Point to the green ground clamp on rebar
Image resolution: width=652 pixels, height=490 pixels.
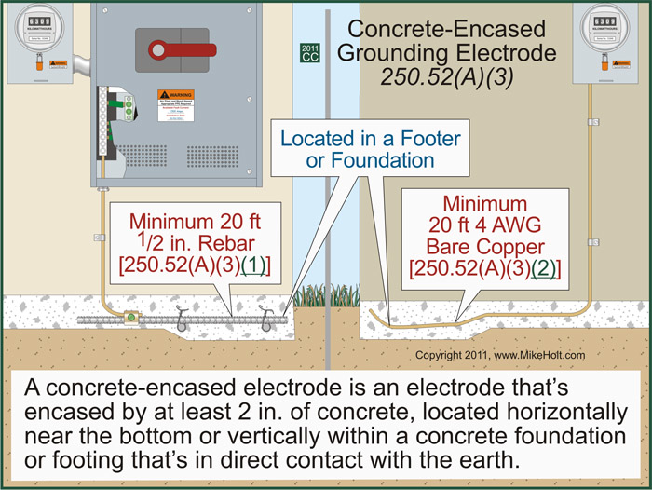coord(131,318)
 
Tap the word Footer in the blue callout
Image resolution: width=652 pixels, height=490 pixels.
coord(425,139)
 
